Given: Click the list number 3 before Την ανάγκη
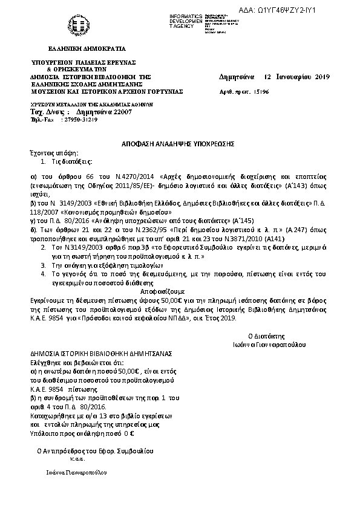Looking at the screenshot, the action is pyautogui.click(x=42, y=265).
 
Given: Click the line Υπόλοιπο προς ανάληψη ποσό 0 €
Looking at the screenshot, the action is pyautogui.click(x=82, y=432).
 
